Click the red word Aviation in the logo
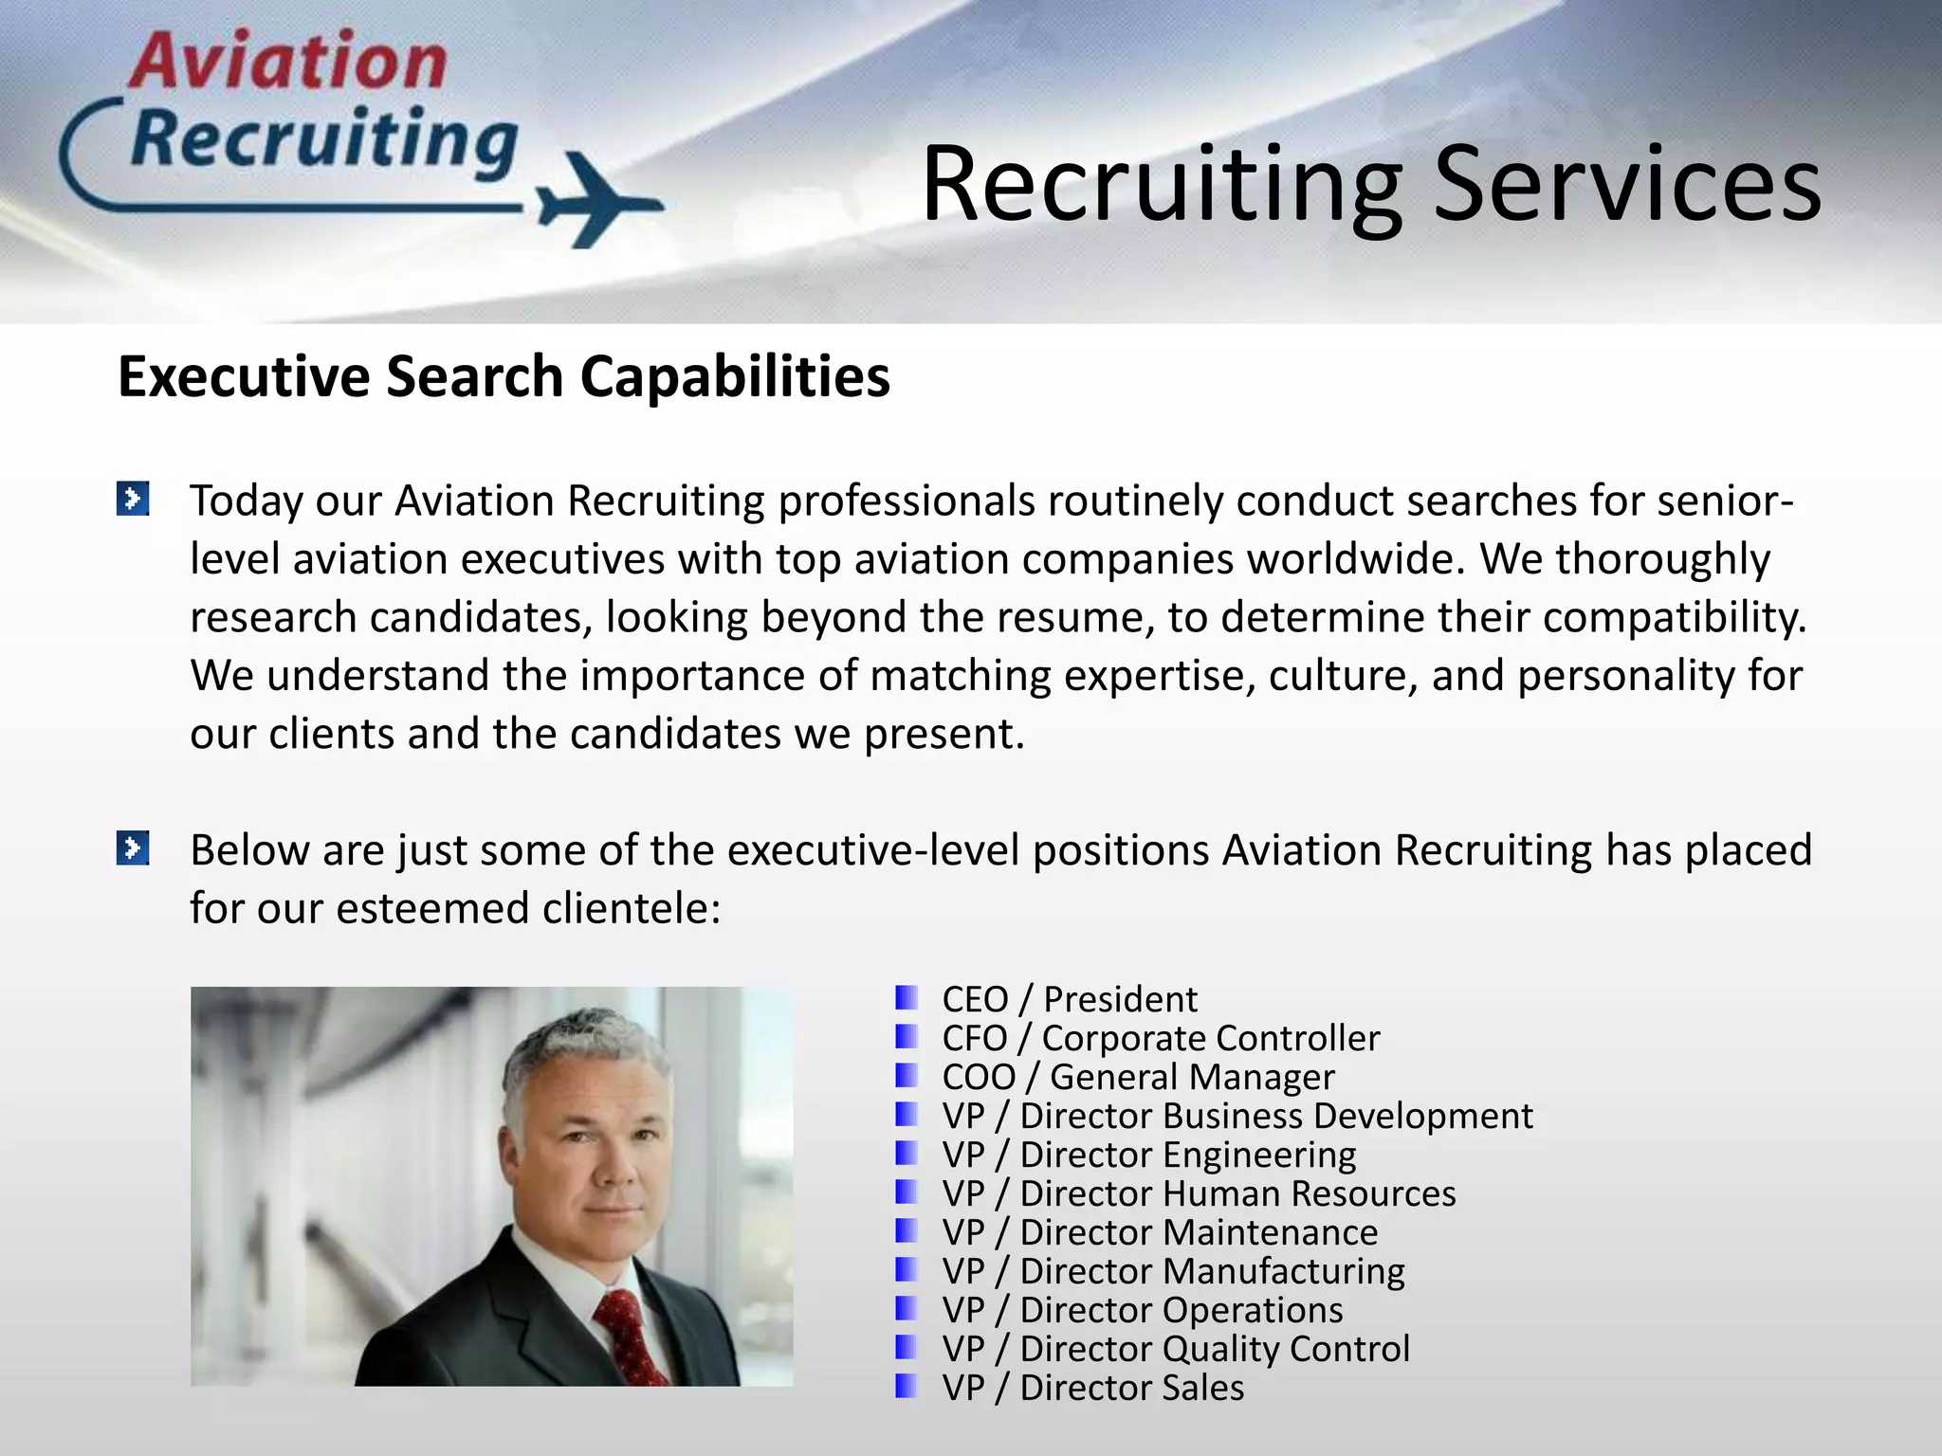click(287, 62)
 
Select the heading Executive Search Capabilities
click(504, 376)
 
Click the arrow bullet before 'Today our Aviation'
click(133, 499)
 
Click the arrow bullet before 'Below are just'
click(133, 847)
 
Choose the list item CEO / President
click(1069, 999)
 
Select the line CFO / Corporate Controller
click(1160, 1038)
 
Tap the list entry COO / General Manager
click(1137, 1077)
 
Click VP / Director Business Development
click(1237, 1116)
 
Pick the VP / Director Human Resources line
click(1198, 1193)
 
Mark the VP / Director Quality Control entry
click(1175, 1349)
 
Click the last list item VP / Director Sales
click(1092, 1388)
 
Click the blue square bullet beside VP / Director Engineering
click(907, 1154)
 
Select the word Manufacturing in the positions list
click(1284, 1271)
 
